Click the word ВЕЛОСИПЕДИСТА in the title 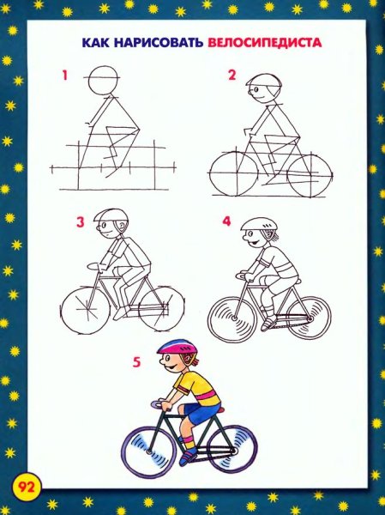pos(265,43)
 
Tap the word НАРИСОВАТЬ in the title pos(158,43)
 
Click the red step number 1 pos(65,76)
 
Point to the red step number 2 pos(232,75)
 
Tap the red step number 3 pos(81,222)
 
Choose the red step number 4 pos(227,221)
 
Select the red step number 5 pos(136,362)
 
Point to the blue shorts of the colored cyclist pos(200,412)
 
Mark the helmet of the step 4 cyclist pos(259,224)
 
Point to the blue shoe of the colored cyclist pos(188,457)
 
